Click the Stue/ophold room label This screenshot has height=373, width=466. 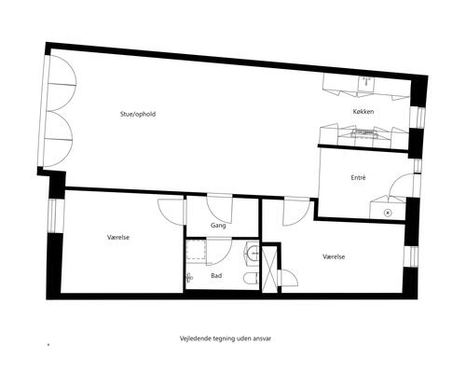pos(138,114)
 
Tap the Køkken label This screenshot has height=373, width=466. pos(363,111)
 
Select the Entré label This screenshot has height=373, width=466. pos(358,177)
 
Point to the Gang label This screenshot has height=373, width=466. pos(218,226)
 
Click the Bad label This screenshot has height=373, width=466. pos(216,275)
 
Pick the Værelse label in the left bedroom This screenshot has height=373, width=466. pos(118,237)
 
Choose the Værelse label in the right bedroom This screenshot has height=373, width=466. pos(334,256)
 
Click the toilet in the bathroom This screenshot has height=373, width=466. pos(251,279)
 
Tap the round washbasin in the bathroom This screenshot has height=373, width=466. pos(253,254)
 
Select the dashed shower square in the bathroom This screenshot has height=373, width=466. pos(197,249)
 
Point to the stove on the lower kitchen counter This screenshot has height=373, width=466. pos(364,133)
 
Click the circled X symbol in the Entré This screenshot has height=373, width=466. pos(388,213)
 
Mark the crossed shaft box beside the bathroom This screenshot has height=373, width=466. pos(268,269)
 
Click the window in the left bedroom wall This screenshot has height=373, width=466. pos(52,215)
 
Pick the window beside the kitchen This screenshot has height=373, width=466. pos(418,117)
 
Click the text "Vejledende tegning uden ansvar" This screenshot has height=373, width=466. pos(226,338)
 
